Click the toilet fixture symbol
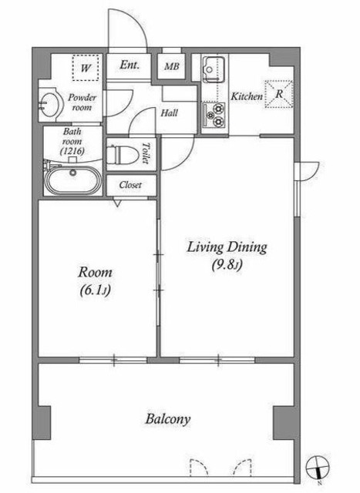pos(123,154)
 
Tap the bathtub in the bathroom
pos(73,180)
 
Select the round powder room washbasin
pos(49,102)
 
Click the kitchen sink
pos(214,69)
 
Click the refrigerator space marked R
pos(279,94)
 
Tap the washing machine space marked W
pos(86,68)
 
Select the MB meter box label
pos(172,66)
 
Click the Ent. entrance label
pos(130,65)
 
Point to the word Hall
pos(170,113)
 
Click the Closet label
pos(130,185)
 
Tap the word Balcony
pos(168,419)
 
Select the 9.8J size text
pos(227,265)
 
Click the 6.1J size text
pos(95,290)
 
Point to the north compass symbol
pos(317,467)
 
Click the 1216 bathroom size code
pos(72,151)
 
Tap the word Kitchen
pos(247,96)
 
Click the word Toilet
pos(146,153)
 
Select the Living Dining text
pos(227,247)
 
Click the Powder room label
pos(82,102)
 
